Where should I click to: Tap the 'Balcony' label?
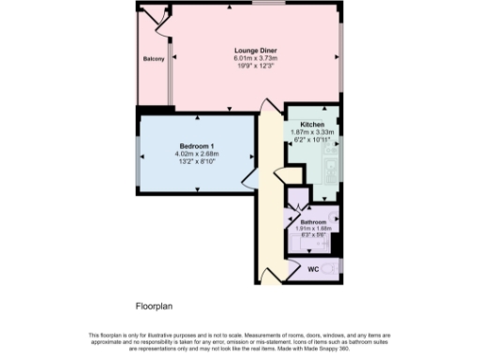tap(154, 59)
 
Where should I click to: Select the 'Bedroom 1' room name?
tap(198, 145)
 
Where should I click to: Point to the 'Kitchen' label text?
tap(312, 125)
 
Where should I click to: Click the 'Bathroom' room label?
tap(313, 221)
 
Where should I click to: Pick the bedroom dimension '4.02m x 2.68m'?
tap(198, 154)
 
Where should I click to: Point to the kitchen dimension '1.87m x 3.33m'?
tap(312, 132)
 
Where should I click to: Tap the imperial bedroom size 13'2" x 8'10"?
tap(198, 161)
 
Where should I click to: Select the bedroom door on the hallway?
tap(248, 179)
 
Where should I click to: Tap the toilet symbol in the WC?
tap(335, 270)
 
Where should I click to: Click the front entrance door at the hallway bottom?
tap(269, 274)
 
